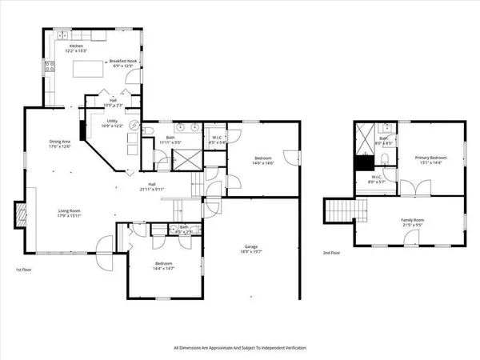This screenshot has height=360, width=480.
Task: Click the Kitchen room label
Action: pyautogui.click(x=77, y=48)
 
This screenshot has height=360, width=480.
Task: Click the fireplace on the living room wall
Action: pyautogui.click(x=20, y=214)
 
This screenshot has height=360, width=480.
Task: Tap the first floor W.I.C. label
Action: pyautogui.click(x=216, y=139)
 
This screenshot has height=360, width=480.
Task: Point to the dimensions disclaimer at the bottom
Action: pyautogui.click(x=240, y=348)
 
